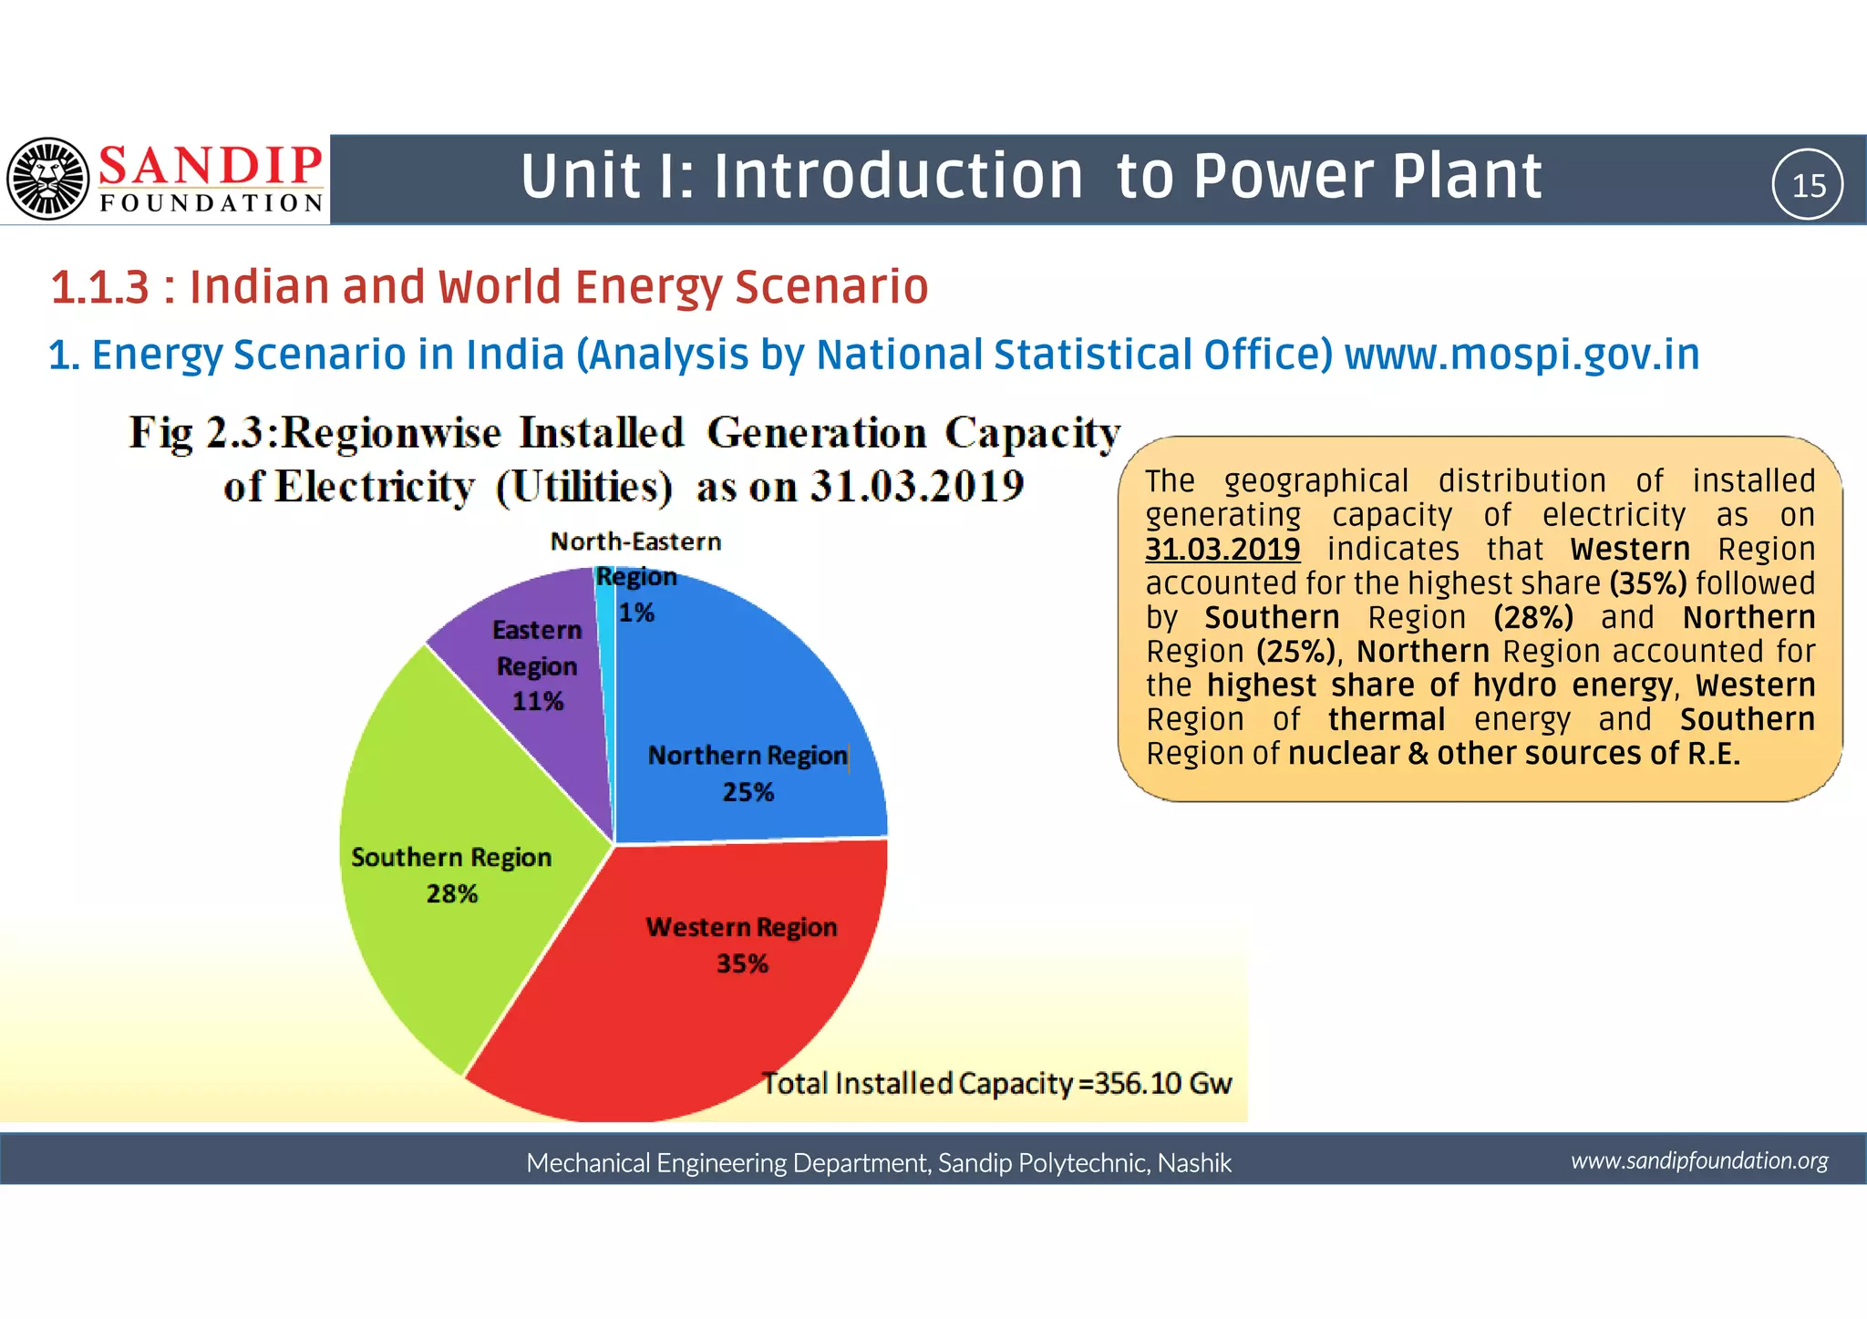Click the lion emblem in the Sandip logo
[x=47, y=179]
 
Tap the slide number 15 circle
[x=1807, y=185]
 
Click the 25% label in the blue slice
[x=748, y=792]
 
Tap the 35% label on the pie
[x=742, y=963]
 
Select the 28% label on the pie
[x=452, y=893]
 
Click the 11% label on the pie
[x=537, y=701]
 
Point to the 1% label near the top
[x=636, y=613]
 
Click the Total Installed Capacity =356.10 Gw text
[x=996, y=1083]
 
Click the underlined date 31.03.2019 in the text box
[x=1222, y=550]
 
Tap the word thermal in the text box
[x=1386, y=719]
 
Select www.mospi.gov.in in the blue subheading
[x=1521, y=355]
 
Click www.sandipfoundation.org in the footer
[x=1699, y=1160]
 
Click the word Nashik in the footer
[x=1194, y=1163]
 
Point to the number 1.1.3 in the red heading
[x=99, y=287]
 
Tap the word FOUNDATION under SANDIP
[x=211, y=203]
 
